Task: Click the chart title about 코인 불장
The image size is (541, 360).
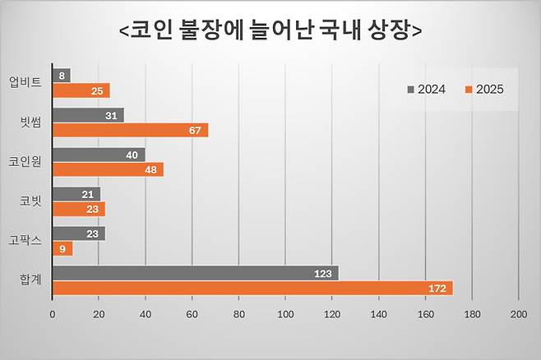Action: pos(270,30)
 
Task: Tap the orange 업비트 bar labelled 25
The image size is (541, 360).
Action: pos(81,90)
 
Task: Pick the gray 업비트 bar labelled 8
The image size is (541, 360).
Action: pos(61,76)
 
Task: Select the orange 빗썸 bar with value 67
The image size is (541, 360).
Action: pos(130,130)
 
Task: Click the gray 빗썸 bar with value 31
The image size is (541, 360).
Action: pos(88,115)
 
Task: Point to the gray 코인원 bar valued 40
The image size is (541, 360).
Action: pos(99,155)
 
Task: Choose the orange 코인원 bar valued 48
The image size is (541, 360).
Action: pos(108,169)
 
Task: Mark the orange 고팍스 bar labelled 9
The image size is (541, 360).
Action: pos(62,248)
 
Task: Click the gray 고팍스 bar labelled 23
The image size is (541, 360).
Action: pos(79,233)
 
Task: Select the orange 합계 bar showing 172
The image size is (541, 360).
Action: pos(252,288)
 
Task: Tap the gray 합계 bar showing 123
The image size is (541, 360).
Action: pos(196,273)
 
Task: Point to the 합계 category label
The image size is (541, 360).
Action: pos(31,280)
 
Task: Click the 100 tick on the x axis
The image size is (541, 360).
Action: pos(285,315)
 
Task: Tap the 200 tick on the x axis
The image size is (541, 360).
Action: pos(518,315)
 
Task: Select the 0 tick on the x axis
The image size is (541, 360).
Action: pos(53,315)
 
